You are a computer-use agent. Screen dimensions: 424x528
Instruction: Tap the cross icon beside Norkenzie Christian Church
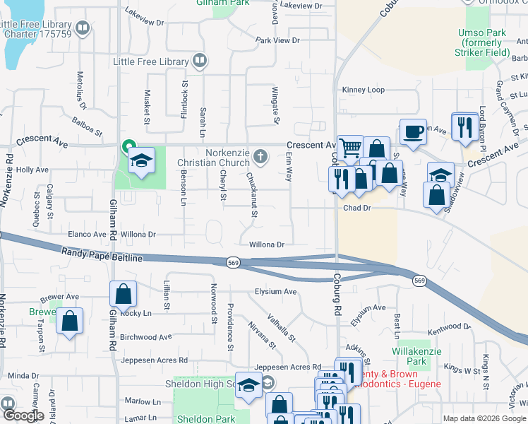pyautogui.click(x=261, y=156)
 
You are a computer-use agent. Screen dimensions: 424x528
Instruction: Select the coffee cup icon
pyautogui.click(x=413, y=131)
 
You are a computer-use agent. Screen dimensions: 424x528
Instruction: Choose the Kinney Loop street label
pyautogui.click(x=363, y=90)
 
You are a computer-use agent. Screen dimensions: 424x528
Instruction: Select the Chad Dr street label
pyautogui.click(x=357, y=208)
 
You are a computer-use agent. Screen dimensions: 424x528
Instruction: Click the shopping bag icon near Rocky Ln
pyautogui.click(x=124, y=295)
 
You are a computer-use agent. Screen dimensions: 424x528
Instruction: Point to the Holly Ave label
pyautogui.click(x=32, y=170)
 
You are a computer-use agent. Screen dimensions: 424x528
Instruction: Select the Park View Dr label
pyautogui.click(x=278, y=41)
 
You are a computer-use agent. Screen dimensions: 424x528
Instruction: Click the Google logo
pyautogui.click(x=23, y=416)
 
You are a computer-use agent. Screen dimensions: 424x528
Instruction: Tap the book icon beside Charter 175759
pyautogui.click(x=83, y=29)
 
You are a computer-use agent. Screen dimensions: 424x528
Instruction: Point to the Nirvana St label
pyautogui.click(x=262, y=336)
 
